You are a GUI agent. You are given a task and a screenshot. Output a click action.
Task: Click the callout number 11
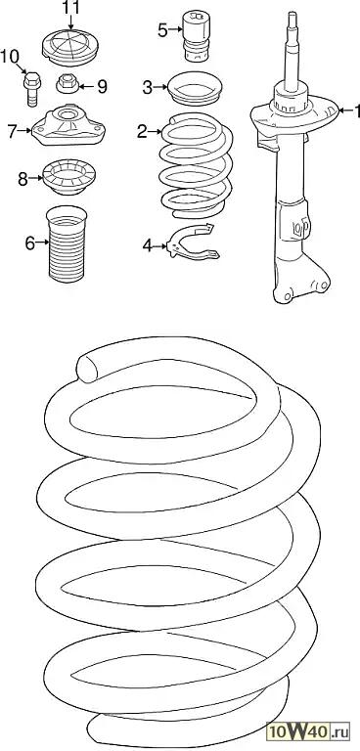tap(70, 8)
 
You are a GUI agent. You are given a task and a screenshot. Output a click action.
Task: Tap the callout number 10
tap(10, 56)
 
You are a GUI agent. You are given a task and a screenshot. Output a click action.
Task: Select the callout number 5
tap(163, 30)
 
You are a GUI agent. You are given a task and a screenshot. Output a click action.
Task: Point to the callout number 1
tap(356, 111)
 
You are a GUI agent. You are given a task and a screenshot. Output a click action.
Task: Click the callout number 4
tap(148, 245)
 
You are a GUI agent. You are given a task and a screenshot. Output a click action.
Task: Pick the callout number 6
tap(29, 243)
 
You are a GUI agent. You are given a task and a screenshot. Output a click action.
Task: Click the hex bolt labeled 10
tap(32, 89)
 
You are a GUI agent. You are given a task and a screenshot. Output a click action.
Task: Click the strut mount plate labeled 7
tap(68, 126)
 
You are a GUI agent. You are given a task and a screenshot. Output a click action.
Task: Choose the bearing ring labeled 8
tap(69, 178)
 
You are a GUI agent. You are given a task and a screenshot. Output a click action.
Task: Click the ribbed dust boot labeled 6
tap(67, 243)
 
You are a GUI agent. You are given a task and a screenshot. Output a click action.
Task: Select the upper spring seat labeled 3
tap(194, 88)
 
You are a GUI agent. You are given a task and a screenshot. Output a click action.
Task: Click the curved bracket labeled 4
tap(192, 242)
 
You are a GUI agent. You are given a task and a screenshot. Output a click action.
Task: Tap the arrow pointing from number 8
tap(36, 179)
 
